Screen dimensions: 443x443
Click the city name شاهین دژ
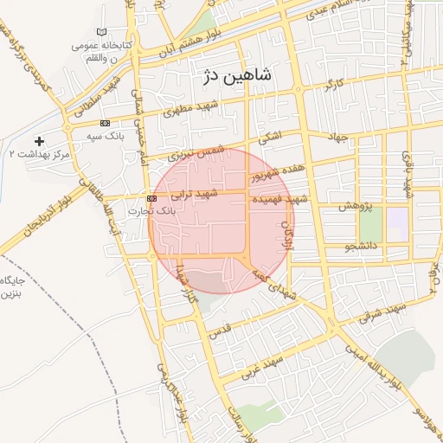[234, 75]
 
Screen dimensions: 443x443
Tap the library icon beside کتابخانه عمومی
[105, 32]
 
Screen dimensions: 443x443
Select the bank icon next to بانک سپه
[106, 123]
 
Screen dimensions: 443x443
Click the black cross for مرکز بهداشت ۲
[38, 140]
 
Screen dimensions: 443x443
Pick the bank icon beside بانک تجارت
[152, 198]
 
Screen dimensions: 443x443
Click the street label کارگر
[334, 86]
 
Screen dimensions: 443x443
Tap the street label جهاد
[337, 137]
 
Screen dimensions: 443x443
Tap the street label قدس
[221, 331]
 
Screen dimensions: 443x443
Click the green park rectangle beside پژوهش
[371, 225]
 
